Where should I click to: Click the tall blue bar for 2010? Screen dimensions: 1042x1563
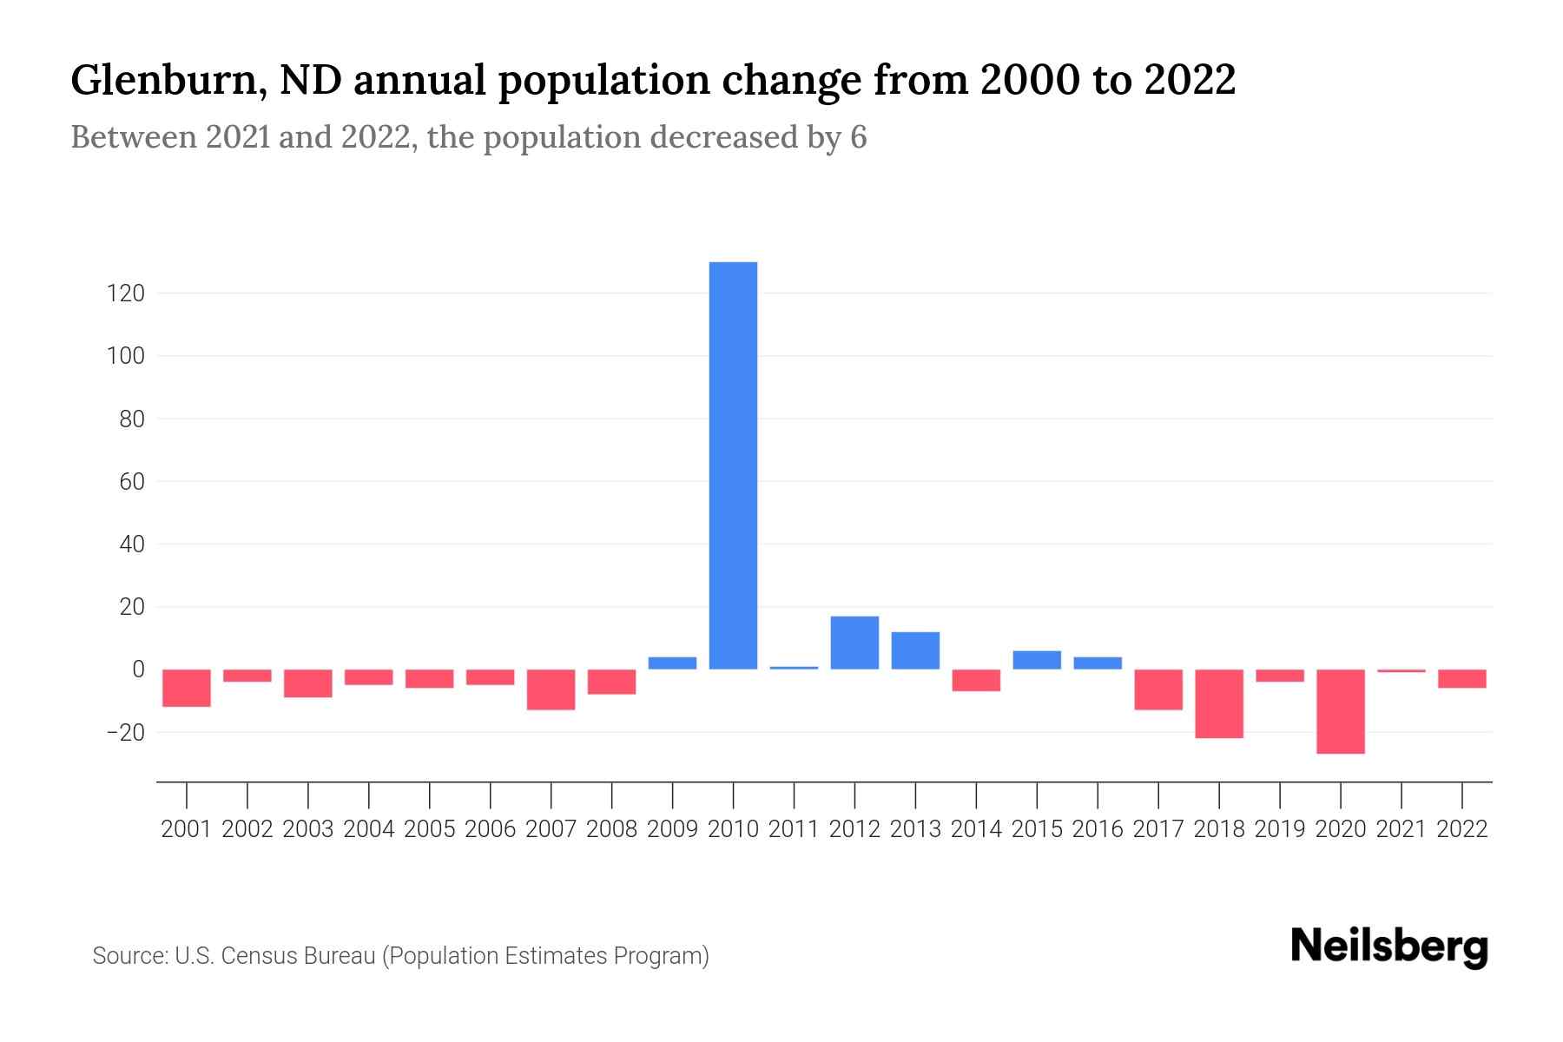click(x=733, y=465)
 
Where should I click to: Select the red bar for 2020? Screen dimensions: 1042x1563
click(x=1341, y=711)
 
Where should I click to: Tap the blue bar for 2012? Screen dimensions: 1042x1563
click(x=854, y=643)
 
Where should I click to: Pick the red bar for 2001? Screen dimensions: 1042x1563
click(x=187, y=688)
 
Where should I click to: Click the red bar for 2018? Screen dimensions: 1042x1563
click(x=1219, y=703)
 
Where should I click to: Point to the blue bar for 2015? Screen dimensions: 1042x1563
click(x=1037, y=660)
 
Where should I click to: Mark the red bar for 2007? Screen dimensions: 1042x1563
click(x=551, y=689)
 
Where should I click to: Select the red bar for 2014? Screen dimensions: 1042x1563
click(x=976, y=680)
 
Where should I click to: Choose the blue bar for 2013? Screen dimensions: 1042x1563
click(x=915, y=650)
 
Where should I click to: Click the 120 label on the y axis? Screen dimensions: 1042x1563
click(x=126, y=293)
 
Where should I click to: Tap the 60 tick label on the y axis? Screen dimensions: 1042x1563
click(x=131, y=481)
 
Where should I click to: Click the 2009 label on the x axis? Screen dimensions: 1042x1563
click(x=673, y=829)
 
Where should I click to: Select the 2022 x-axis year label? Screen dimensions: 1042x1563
click(x=1462, y=829)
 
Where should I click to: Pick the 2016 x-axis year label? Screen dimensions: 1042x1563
click(x=1098, y=829)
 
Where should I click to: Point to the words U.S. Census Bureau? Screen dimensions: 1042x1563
click(x=275, y=956)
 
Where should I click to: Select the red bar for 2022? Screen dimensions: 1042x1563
click(x=1462, y=678)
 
